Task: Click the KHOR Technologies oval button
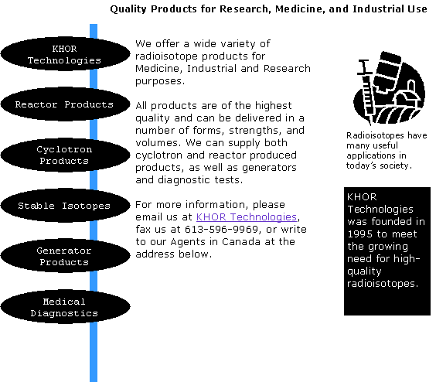click(x=66, y=53)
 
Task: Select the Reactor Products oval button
click(x=66, y=104)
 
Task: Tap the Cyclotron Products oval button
click(x=66, y=155)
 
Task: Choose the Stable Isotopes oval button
click(x=66, y=206)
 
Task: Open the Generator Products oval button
click(x=66, y=256)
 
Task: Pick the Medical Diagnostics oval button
click(x=66, y=306)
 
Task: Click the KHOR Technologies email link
click(x=247, y=217)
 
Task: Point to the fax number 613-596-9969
click(x=222, y=229)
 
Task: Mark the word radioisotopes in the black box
click(x=383, y=284)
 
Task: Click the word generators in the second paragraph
click(x=269, y=168)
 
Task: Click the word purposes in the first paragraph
click(x=159, y=81)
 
